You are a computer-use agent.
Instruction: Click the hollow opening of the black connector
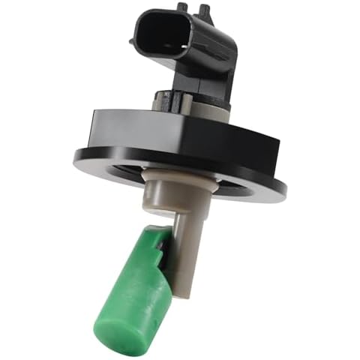coord(159,34)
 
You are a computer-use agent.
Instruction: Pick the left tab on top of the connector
coord(182,7)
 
